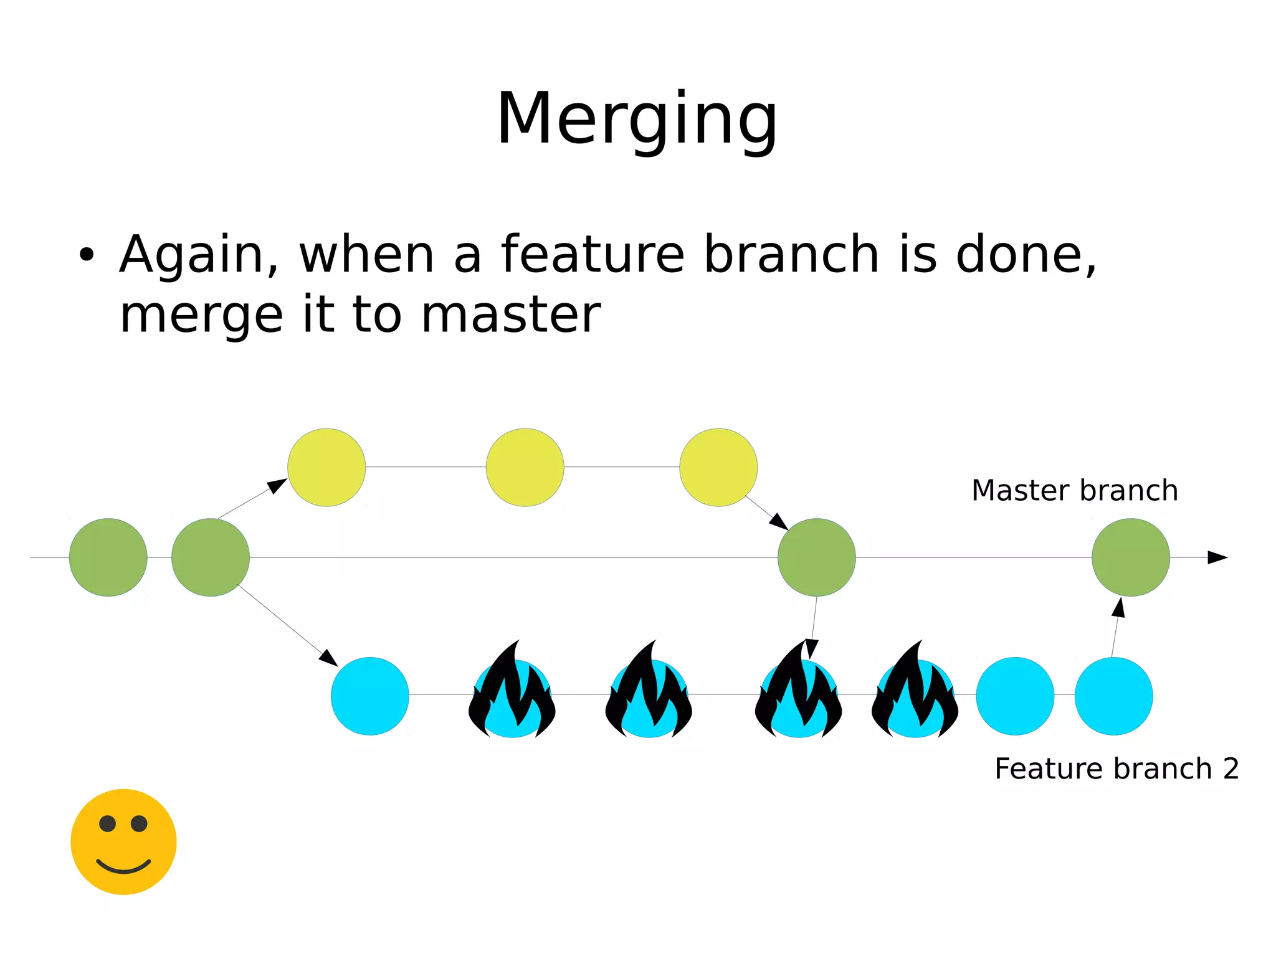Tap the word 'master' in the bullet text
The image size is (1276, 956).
coord(510,315)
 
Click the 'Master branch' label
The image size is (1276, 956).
coord(1074,491)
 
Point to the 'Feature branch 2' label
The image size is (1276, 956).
coord(1116,769)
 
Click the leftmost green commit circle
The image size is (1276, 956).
coord(108,557)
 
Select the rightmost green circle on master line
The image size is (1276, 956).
coord(1130,557)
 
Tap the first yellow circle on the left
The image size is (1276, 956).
coord(326,467)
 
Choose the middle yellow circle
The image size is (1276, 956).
coord(525,467)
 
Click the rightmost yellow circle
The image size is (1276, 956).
coord(718,467)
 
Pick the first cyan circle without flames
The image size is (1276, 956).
coord(370,696)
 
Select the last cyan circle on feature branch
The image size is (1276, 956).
coord(1113,696)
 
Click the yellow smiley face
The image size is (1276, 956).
coord(123,842)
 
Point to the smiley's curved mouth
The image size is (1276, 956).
coord(123,868)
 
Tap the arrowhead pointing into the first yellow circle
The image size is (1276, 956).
coord(277,485)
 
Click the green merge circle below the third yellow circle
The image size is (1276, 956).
coord(816,557)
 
